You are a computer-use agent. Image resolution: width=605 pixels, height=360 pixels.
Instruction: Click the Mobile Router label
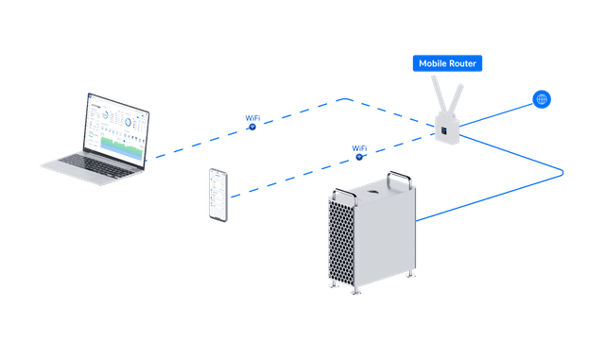tap(450, 63)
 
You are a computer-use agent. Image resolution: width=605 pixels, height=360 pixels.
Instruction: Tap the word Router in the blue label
tap(469, 63)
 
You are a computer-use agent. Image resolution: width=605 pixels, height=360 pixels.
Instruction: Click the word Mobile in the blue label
tap(434, 63)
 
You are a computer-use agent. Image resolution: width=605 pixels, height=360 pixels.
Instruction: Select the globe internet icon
tap(543, 98)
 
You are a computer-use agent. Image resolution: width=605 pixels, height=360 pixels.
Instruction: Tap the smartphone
tap(218, 196)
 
